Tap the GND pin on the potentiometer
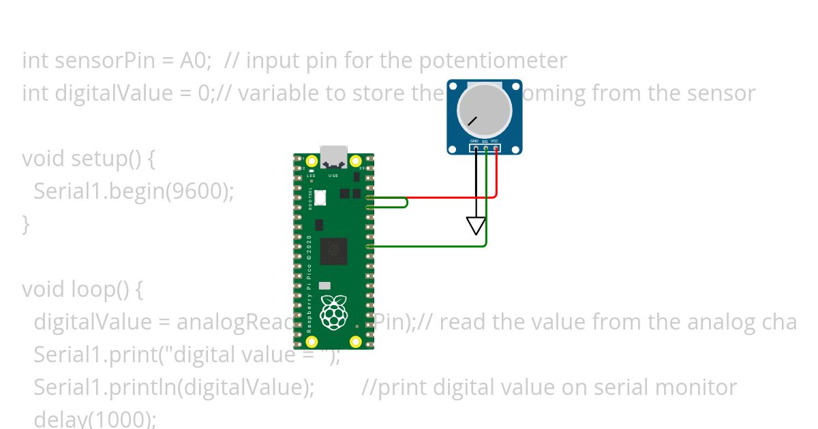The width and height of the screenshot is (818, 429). [476, 148]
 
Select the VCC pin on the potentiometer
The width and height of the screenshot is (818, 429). [495, 148]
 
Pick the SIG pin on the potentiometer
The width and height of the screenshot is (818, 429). [485, 148]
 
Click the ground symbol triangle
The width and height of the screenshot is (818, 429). [476, 225]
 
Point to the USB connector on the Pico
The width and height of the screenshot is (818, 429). [333, 157]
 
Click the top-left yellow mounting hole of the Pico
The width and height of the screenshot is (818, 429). [312, 161]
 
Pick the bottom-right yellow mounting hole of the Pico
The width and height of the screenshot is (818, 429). [355, 341]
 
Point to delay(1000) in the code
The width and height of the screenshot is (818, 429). [95, 419]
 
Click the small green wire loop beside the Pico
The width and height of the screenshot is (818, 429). [402, 202]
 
